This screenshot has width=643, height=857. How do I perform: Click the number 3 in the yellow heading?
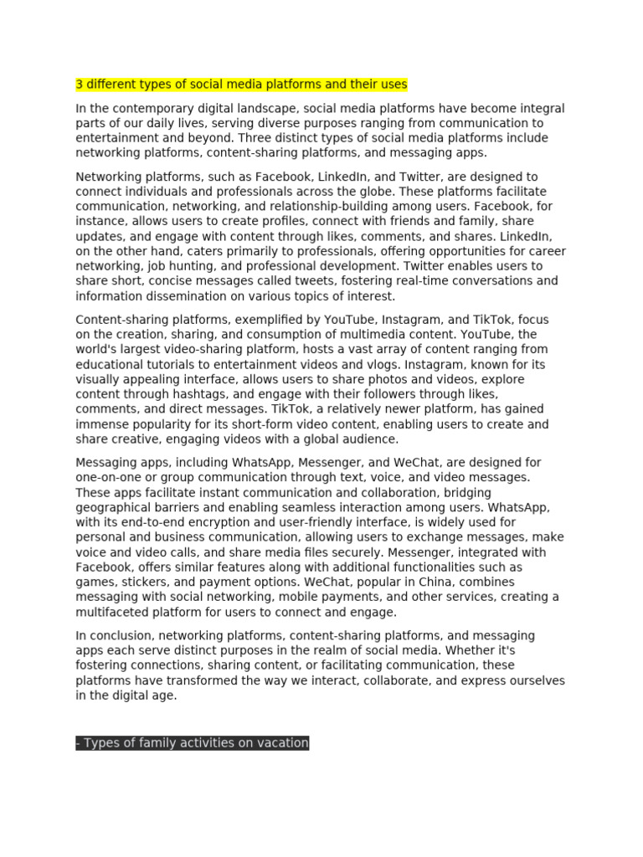(80, 85)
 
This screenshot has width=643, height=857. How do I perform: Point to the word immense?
(100, 425)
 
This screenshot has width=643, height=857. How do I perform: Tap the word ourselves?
(531, 680)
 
